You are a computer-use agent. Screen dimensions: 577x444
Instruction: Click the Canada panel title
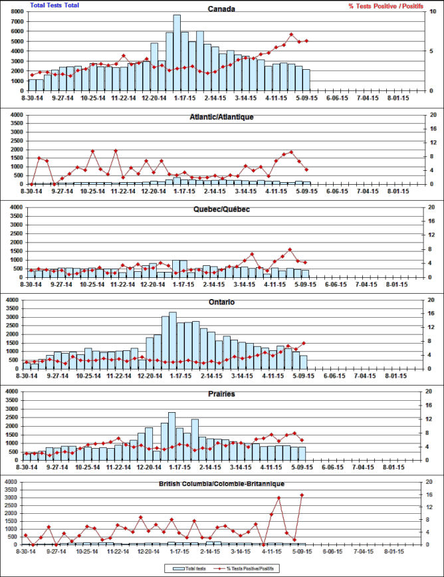pos(221,9)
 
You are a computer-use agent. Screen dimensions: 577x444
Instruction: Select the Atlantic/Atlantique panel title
pos(221,117)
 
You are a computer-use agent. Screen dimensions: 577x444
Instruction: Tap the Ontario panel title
pos(221,302)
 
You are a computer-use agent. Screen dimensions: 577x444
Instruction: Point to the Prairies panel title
pos(221,394)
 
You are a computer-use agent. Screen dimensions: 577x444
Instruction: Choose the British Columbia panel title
pos(221,484)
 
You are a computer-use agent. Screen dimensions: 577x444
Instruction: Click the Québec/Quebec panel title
pos(221,209)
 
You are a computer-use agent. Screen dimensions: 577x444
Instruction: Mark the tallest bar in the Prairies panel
pos(171,436)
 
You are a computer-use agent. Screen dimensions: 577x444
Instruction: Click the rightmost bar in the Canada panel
pos(306,80)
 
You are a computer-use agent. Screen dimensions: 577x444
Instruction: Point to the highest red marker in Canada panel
pos(291,35)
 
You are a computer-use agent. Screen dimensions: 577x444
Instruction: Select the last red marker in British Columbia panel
pos(302,495)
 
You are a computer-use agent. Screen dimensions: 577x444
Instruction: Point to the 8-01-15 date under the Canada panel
pos(397,98)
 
